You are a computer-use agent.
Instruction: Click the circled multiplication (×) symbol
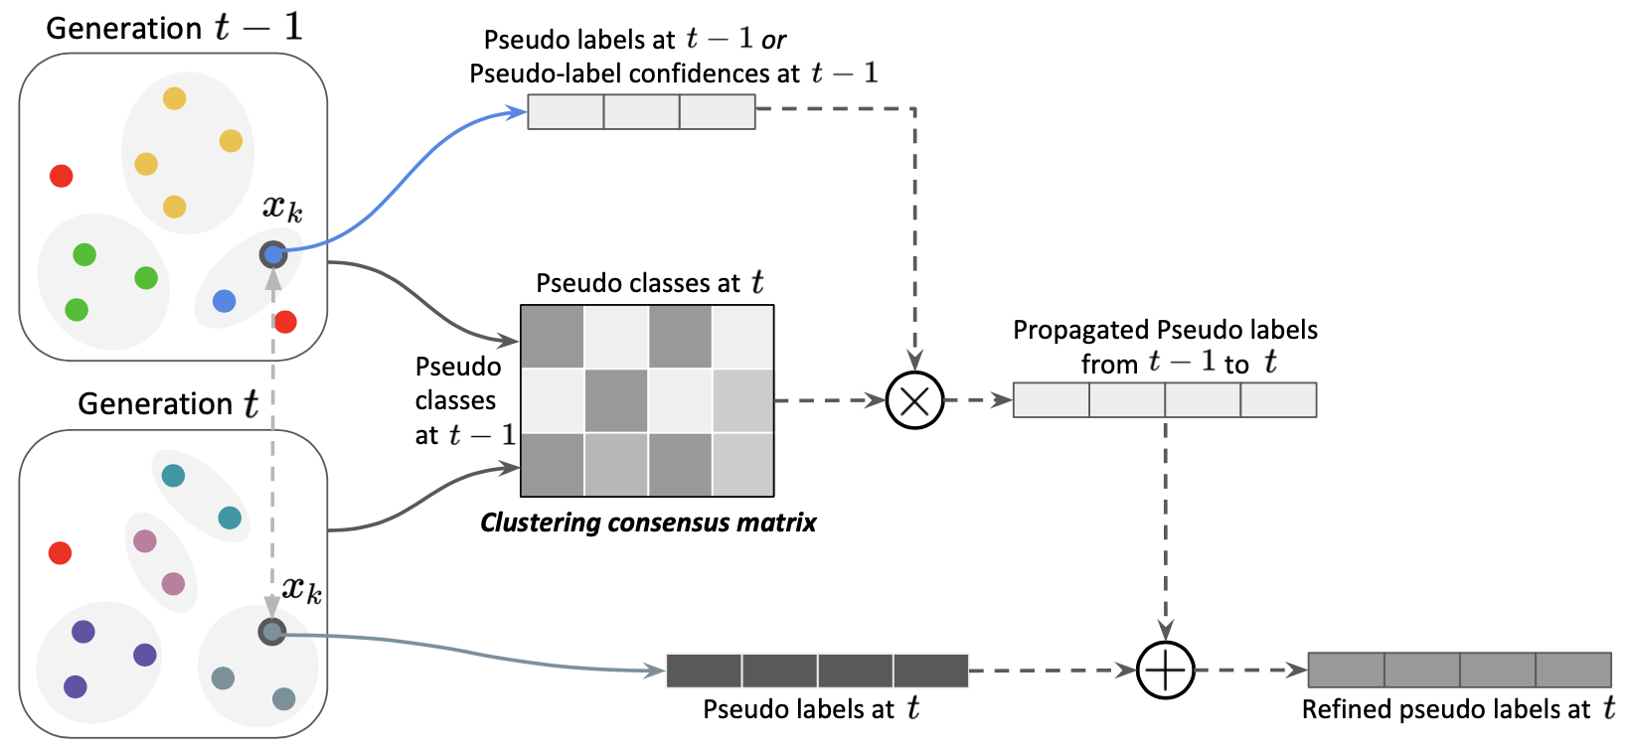914,400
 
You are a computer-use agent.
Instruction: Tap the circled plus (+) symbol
1165,671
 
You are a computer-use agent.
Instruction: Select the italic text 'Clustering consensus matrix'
648,523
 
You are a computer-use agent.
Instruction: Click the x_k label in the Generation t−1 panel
282,208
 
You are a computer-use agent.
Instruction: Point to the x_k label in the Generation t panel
301,589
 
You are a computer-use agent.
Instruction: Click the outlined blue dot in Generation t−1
273,254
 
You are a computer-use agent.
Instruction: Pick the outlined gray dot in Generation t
271,632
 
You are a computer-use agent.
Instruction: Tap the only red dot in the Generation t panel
60,552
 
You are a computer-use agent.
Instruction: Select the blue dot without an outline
225,301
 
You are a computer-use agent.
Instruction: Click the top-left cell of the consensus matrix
553,337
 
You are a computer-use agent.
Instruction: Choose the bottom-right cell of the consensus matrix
742,464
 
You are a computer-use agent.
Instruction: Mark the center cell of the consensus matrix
616,400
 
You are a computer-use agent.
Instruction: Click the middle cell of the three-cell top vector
641,111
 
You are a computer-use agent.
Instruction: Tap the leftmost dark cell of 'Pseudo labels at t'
704,671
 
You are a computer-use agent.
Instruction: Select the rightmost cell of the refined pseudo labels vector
1573,671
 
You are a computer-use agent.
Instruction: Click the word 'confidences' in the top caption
703,74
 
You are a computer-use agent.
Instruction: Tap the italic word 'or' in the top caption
773,40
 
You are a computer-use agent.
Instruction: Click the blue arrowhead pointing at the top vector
518,112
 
